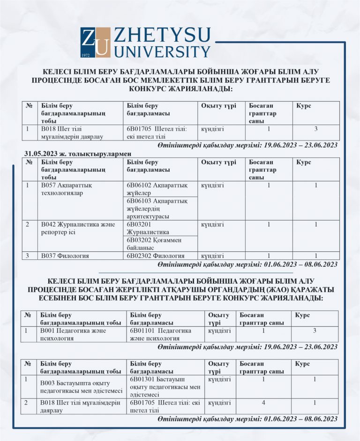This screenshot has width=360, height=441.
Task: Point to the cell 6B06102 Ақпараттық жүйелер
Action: coord(157,189)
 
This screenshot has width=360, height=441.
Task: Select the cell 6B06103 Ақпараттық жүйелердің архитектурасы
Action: coord(157,208)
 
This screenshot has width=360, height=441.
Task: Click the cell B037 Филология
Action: coord(65,256)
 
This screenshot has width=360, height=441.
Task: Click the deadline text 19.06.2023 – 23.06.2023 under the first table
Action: coord(300,146)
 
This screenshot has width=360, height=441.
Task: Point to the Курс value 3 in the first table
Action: coord(316,129)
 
